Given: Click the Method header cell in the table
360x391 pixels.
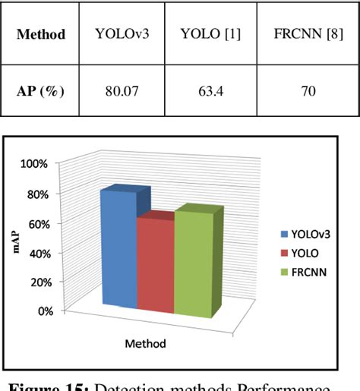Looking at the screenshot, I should coord(41,34).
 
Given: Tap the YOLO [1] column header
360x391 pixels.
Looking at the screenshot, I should coord(210,34).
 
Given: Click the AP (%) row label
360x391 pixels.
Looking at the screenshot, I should coord(41,90).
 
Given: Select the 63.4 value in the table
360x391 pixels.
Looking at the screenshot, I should coord(210,90).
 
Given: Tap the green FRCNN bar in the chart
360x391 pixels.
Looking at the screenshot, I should coord(194,262).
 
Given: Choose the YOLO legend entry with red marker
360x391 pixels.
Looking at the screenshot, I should coord(302,253).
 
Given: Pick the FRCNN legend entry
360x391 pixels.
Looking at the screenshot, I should coord(305,271).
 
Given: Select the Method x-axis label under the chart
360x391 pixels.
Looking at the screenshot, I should coord(145,343).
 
